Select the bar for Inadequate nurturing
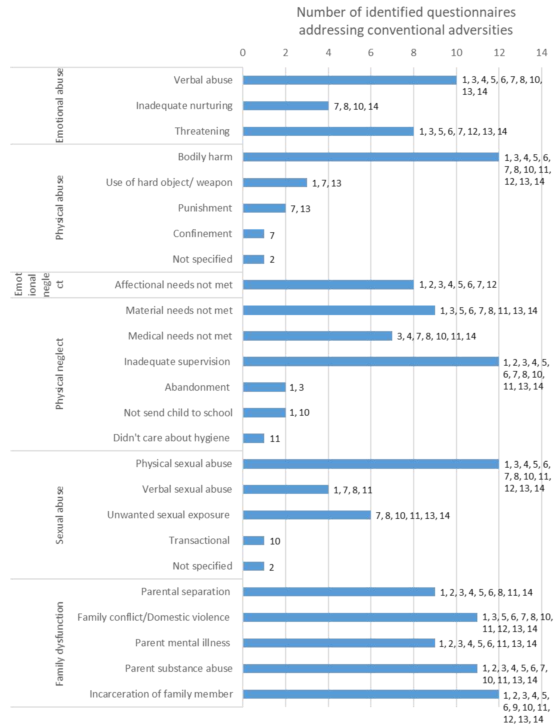pyautogui.click(x=286, y=106)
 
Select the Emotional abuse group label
pyautogui.click(x=59, y=106)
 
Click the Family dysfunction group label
pyautogui.click(x=59, y=644)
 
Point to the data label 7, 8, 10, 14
pyautogui.click(x=356, y=106)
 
